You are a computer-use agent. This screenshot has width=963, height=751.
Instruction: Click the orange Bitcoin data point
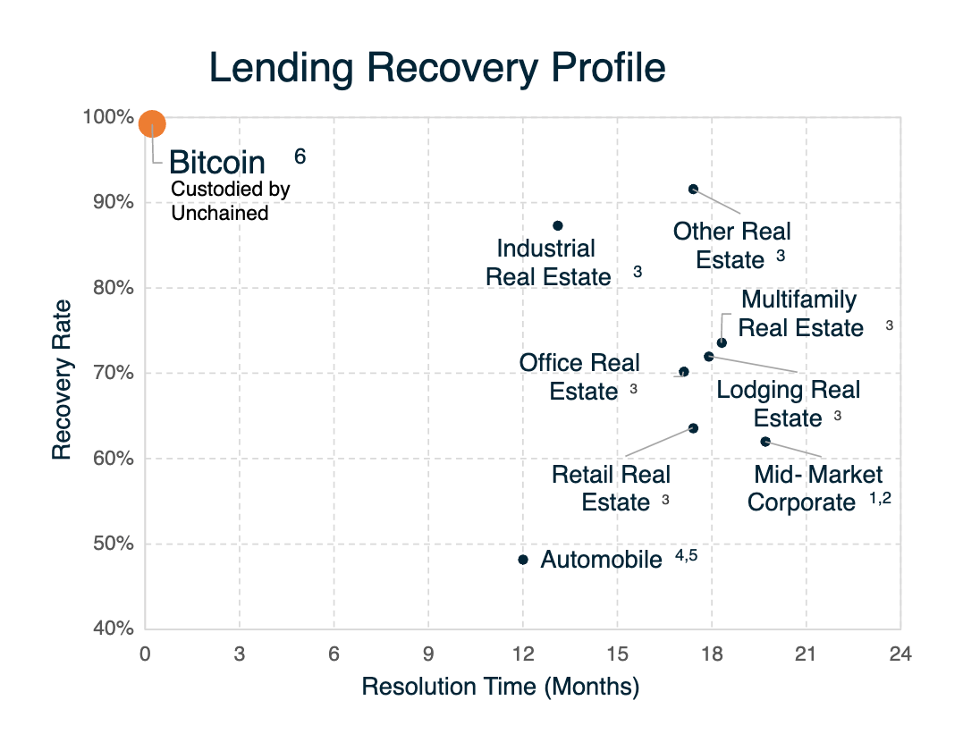152,124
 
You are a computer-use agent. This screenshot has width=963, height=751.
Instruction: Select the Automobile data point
523,560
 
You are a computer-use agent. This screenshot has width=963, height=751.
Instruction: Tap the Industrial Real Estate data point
558,225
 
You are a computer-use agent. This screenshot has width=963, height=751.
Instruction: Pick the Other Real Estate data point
693,189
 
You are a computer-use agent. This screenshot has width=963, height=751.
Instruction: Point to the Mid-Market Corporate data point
765,442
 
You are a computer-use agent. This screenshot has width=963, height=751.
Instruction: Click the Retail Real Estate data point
693,428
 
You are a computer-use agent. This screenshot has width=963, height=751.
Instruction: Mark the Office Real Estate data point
684,372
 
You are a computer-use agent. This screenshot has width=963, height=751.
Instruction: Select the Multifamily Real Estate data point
722,342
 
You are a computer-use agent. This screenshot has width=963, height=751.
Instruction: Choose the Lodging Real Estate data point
709,357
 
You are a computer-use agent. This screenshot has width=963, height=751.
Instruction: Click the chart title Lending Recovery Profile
437,69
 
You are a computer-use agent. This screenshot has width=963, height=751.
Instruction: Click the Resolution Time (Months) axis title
500,687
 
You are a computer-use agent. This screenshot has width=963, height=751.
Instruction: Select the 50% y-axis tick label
115,544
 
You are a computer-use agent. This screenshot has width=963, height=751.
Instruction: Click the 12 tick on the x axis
523,653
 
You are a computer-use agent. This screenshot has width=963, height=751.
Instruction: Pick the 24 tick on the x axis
900,653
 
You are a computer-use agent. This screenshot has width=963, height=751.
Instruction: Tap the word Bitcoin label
217,163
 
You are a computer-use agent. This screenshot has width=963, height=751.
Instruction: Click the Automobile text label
601,561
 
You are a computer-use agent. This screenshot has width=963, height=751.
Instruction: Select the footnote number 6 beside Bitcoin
300,156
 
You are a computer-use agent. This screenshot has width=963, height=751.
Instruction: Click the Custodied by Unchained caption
230,201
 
